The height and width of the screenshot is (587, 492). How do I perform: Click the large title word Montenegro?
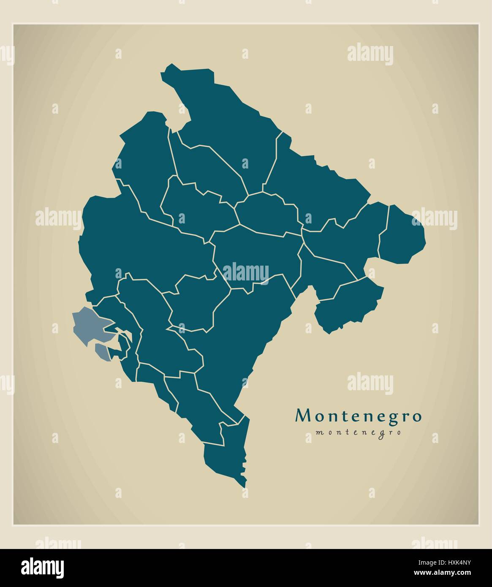point(359,416)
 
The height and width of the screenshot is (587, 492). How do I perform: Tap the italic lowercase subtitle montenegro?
point(358,433)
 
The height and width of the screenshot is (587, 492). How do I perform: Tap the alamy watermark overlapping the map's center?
point(245,272)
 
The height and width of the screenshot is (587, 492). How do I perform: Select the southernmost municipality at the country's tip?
point(224,460)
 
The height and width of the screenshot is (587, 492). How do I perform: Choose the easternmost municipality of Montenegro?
point(403,234)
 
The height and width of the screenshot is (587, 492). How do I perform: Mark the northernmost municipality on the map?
point(224,114)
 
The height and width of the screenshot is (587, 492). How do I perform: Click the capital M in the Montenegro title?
point(302,416)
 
